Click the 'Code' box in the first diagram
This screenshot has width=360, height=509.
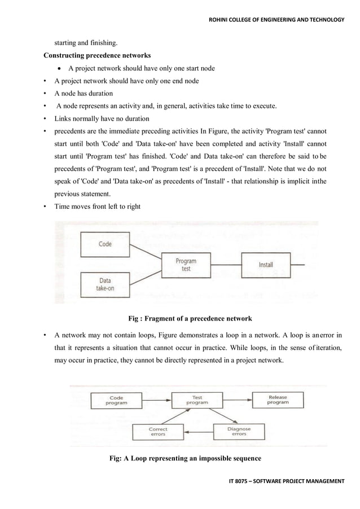coord(105,244)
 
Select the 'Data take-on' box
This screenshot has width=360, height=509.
coord(105,284)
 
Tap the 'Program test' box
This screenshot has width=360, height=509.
coord(186,265)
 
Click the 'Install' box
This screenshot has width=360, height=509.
coord(266,265)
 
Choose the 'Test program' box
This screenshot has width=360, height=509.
coord(197,401)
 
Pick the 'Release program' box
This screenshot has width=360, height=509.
coord(278,401)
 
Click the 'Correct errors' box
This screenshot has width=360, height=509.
coord(157,432)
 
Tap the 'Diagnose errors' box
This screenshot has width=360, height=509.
coord(239,432)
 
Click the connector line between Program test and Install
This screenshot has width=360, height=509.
coord(226,265)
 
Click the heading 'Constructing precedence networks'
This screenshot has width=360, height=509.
coord(97,55)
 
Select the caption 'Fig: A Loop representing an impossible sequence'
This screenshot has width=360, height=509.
coord(185,458)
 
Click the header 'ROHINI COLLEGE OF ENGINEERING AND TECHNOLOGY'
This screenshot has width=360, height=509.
coord(276,21)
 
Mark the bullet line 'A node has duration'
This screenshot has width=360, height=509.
coord(84,94)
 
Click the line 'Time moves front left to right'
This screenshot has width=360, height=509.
coord(97,207)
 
